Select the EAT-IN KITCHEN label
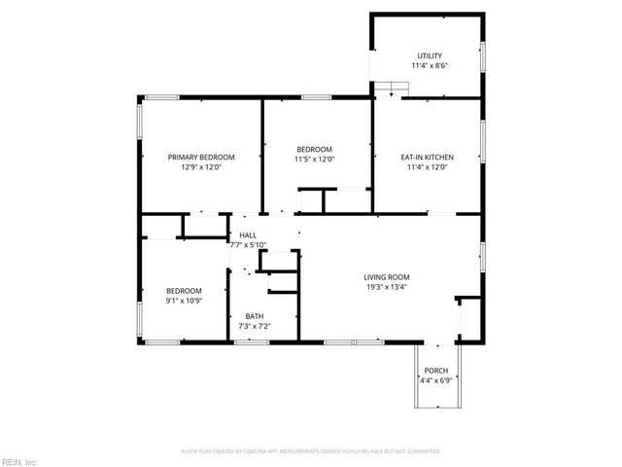click(x=428, y=157)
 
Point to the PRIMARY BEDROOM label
click(x=201, y=157)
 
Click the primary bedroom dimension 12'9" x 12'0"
click(x=201, y=167)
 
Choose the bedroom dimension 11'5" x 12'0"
click(x=315, y=160)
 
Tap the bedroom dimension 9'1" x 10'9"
click(x=183, y=301)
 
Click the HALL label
click(x=248, y=235)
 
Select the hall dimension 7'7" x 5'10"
click(x=248, y=245)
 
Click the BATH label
click(x=254, y=315)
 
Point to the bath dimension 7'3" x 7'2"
click(x=254, y=326)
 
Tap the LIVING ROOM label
click(x=387, y=276)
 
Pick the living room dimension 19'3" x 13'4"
click(x=387, y=287)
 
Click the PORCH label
click(x=436, y=371)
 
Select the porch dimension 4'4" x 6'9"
click(x=436, y=380)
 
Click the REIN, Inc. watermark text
click(x=19, y=460)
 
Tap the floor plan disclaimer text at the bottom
click(x=311, y=451)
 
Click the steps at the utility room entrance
click(x=390, y=90)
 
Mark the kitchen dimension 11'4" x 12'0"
click(x=428, y=167)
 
